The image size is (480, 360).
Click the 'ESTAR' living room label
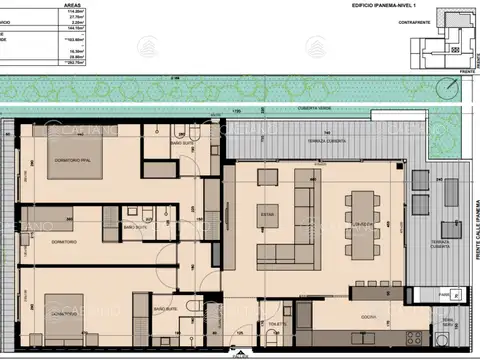[x=267, y=213]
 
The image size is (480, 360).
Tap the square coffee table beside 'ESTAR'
[x=267, y=178]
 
